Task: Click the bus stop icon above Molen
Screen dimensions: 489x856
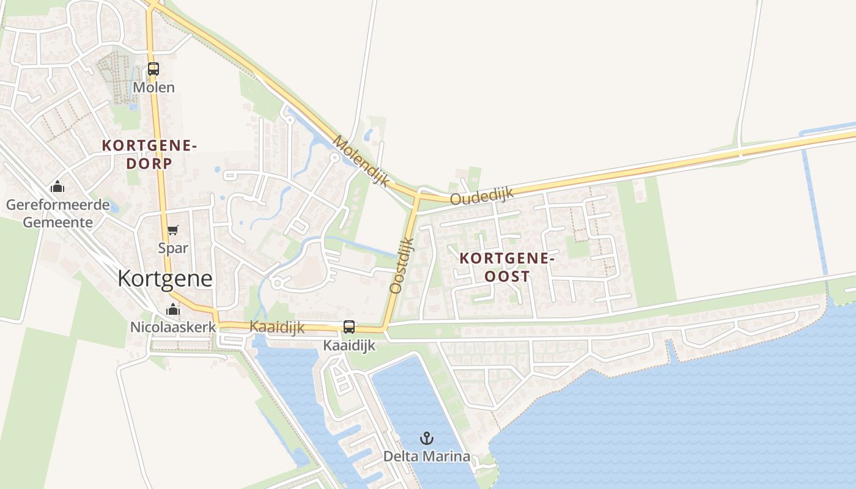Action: [x=153, y=69]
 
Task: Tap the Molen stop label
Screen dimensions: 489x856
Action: [x=153, y=87]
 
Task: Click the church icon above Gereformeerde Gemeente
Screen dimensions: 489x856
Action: [x=57, y=186]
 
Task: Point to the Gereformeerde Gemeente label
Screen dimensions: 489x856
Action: [x=58, y=213]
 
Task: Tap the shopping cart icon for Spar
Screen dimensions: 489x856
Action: [x=173, y=230]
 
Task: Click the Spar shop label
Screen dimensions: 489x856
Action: [x=173, y=248]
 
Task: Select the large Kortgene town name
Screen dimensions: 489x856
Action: [x=165, y=279]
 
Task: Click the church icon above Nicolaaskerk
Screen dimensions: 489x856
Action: [x=173, y=309]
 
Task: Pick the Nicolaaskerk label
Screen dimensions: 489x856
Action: [x=173, y=327]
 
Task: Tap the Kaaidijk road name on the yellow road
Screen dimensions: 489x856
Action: [x=277, y=327]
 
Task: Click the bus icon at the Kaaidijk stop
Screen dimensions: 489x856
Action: [x=349, y=327]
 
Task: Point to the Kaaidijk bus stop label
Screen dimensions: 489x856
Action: [x=349, y=345]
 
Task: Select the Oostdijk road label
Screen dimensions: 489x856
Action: [x=402, y=266]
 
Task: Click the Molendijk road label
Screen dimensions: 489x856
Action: [x=361, y=161]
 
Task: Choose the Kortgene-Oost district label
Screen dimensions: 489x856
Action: [x=507, y=267]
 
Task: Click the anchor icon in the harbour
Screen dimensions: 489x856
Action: [x=427, y=438]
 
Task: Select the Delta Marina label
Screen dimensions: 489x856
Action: [x=427, y=456]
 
